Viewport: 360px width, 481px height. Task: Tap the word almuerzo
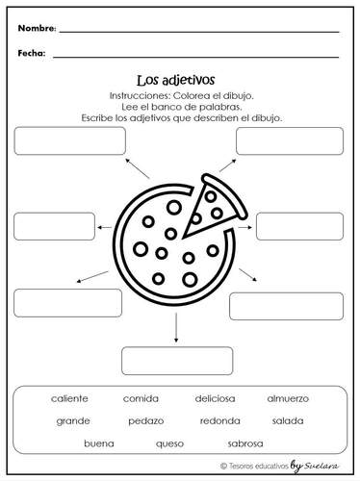pyautogui.click(x=288, y=398)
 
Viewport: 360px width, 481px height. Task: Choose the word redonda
pyautogui.click(x=220, y=420)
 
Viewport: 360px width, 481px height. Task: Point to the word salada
pyautogui.click(x=288, y=420)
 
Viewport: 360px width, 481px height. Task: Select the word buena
pyautogui.click(x=99, y=443)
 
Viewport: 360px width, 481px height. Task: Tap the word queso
pyautogui.click(x=169, y=443)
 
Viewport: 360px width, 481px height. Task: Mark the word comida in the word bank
pyautogui.click(x=141, y=398)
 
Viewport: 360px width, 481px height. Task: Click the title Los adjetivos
pyautogui.click(x=179, y=82)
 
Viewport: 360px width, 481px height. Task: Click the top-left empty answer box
pyautogui.click(x=70, y=140)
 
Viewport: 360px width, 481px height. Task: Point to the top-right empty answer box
pyautogui.click(x=289, y=140)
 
